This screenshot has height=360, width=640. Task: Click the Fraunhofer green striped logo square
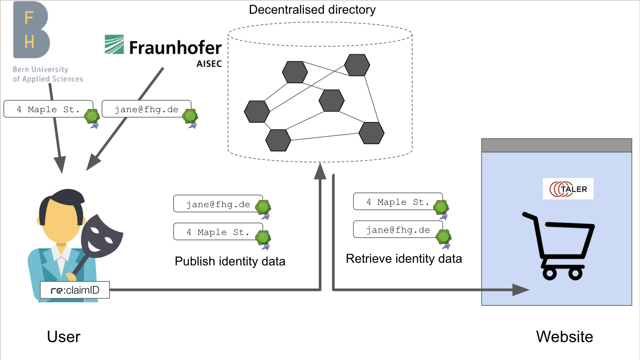point(114,45)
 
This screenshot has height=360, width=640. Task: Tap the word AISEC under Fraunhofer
point(209,64)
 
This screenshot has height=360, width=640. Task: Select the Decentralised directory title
point(312,10)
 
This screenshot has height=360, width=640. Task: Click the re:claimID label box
point(75,290)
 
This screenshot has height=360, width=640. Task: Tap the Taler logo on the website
point(568,189)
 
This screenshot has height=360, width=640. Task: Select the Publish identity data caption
point(230,261)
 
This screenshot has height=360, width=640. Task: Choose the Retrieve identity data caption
point(404,259)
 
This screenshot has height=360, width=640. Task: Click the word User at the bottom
point(64,337)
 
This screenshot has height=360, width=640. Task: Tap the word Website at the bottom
point(564,337)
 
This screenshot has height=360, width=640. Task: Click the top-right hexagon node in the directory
point(357,65)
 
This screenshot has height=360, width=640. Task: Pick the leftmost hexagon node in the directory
point(257,111)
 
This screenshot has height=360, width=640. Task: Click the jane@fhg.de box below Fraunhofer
point(146,109)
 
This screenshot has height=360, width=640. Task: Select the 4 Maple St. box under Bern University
point(48,109)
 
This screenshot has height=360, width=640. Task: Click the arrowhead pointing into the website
point(520,290)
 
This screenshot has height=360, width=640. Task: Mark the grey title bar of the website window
point(556,145)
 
